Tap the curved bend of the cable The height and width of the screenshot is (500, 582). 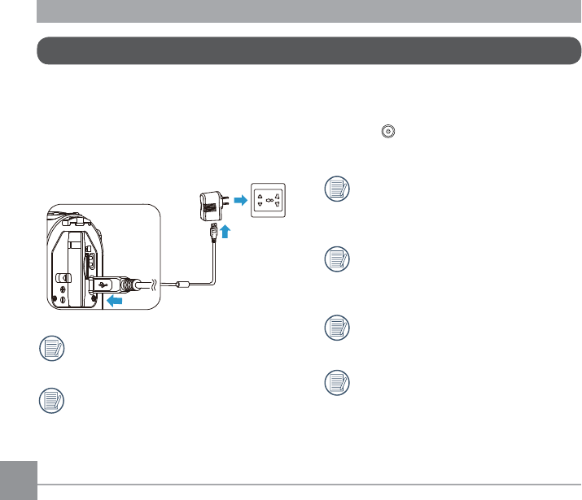tap(214, 280)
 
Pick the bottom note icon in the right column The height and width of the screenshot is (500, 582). tap(335, 381)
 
